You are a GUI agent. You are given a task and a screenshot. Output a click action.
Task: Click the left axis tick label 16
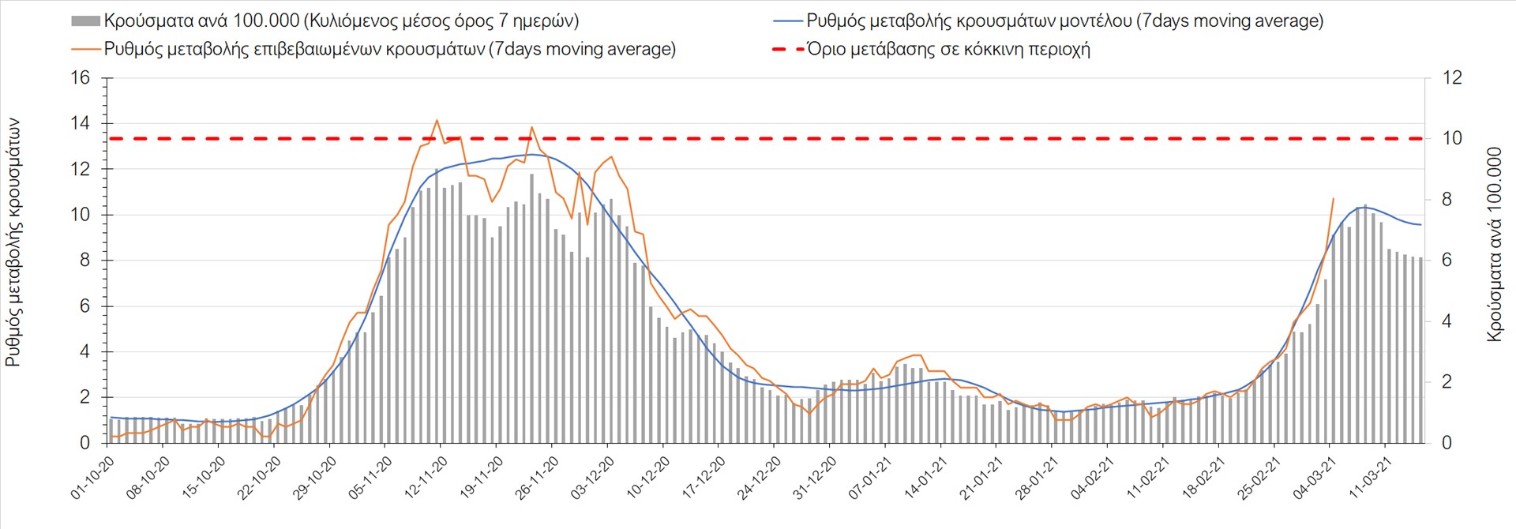(x=81, y=78)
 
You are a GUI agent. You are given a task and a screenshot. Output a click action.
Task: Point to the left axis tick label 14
(x=81, y=123)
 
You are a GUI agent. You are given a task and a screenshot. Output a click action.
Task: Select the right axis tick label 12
(x=1452, y=78)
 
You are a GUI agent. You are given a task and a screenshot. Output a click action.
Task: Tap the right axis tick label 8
(x=1447, y=200)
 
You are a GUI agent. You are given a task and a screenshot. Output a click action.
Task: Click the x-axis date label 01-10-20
(x=93, y=478)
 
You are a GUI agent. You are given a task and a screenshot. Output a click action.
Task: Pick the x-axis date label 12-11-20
(x=426, y=478)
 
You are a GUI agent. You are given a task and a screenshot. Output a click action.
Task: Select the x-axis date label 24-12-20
(x=760, y=478)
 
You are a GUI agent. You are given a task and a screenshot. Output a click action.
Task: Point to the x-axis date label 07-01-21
(x=871, y=478)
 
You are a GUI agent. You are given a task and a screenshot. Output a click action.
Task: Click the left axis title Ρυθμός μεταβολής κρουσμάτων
(x=13, y=243)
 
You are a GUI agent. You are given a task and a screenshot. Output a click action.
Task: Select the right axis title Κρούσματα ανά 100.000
(x=1494, y=245)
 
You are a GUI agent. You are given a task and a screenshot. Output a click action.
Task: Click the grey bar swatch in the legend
(x=85, y=21)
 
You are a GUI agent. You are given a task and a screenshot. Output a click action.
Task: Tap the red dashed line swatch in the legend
(x=788, y=50)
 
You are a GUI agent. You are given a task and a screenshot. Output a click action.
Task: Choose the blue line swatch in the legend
(x=788, y=21)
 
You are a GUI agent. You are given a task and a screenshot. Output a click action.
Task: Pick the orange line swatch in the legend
(x=85, y=50)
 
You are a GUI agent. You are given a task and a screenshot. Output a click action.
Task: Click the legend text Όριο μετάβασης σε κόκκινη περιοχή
(x=948, y=50)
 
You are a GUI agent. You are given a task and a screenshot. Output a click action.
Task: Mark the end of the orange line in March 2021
(x=1334, y=199)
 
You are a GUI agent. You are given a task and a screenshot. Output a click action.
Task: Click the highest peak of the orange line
(x=437, y=120)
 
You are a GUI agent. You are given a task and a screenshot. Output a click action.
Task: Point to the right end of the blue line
(x=1420, y=225)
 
